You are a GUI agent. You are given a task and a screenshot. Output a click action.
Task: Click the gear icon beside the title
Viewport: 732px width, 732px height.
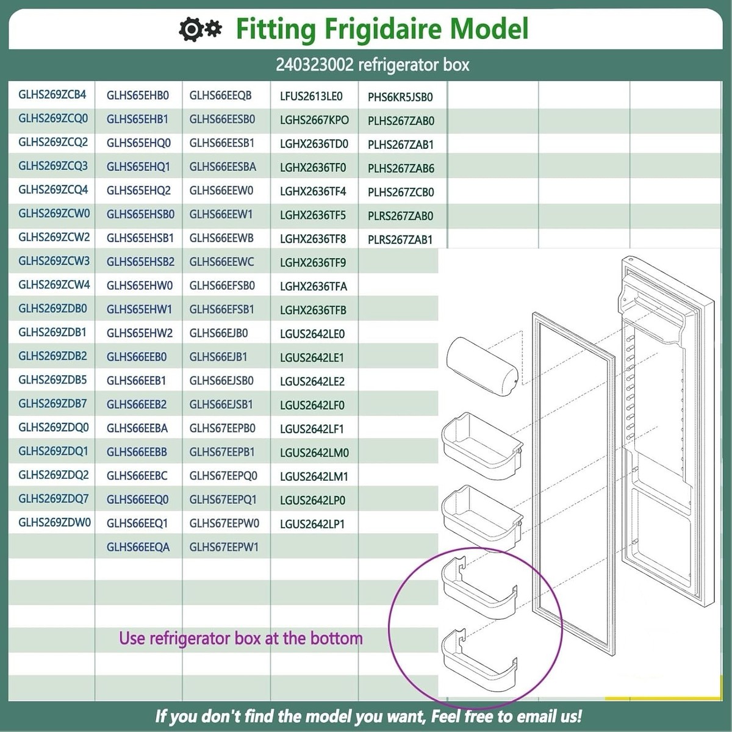click(200, 29)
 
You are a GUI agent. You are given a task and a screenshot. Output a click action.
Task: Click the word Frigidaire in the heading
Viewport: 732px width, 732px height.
click(383, 29)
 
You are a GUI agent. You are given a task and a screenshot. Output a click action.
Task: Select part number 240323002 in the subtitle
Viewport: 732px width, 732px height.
click(315, 65)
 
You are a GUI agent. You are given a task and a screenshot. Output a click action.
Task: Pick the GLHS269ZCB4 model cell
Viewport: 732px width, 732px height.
click(52, 95)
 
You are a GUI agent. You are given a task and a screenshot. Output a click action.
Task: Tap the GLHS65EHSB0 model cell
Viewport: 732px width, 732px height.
click(140, 214)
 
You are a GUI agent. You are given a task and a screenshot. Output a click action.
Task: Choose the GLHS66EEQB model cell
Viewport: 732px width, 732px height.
click(220, 95)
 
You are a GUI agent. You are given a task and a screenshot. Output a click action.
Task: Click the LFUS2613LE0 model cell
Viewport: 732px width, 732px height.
click(311, 96)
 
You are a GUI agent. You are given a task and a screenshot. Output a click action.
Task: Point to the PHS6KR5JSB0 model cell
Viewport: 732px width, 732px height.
click(400, 97)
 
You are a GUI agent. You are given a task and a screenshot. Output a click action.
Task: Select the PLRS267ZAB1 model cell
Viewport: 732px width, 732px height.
click(400, 240)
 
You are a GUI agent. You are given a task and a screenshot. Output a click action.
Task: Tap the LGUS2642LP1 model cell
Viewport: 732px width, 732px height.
click(312, 524)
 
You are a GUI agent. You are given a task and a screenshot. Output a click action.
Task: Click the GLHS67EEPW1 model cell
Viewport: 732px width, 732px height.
click(224, 547)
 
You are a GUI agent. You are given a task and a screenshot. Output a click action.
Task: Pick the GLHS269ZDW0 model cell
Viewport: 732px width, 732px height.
click(54, 522)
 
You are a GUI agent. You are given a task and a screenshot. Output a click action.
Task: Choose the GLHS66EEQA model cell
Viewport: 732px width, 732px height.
click(138, 547)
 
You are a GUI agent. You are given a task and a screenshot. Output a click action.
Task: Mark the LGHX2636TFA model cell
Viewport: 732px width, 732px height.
click(314, 287)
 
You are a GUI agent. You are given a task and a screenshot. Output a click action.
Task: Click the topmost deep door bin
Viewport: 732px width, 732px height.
click(482, 442)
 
